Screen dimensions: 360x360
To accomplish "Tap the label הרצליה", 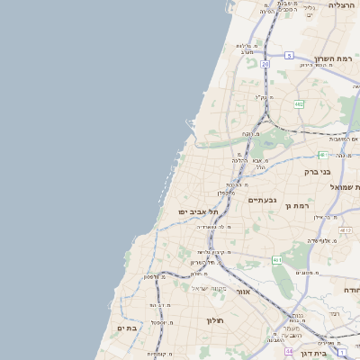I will pos(342,5).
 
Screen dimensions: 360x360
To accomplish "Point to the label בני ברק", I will pos(343,170).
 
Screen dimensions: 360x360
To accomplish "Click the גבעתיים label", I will pos(261,199).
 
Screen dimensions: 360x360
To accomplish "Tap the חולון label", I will pos(214,319).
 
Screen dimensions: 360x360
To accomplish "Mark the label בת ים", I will pos(127,328).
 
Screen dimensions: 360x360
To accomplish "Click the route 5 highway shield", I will pos(289,56).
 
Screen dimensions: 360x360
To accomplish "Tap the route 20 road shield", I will pos(265,64).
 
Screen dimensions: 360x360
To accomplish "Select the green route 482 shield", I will pos(298,103).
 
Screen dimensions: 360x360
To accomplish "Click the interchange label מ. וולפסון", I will pos(155,276).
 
